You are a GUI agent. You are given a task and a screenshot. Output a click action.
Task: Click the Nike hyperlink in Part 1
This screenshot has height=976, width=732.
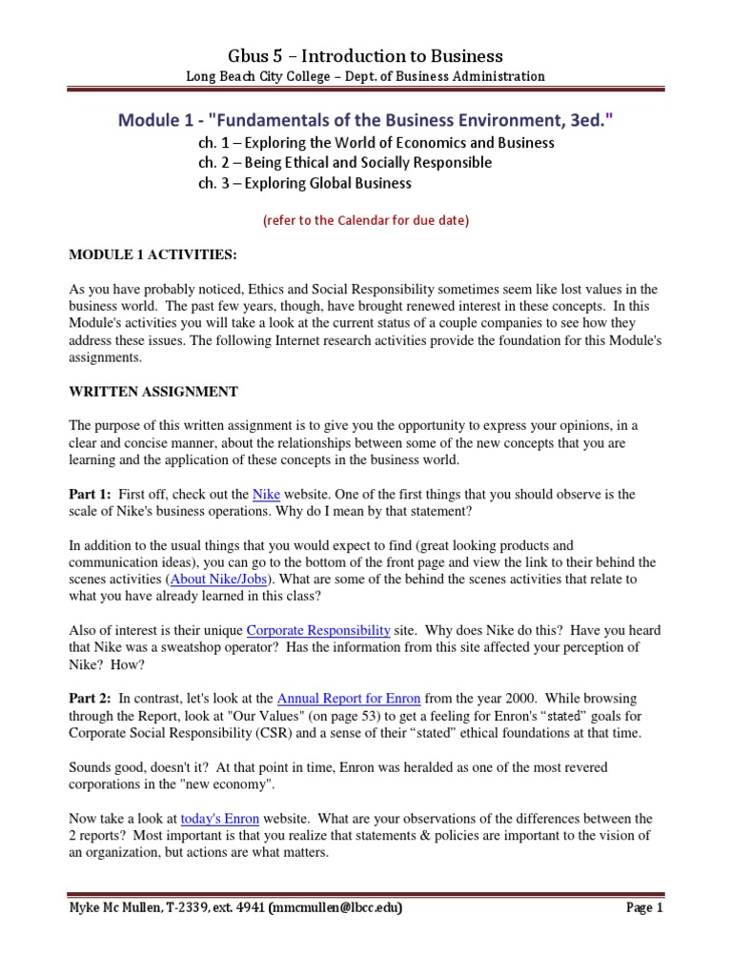(x=266, y=495)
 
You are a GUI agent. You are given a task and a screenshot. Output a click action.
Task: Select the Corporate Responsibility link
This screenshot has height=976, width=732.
(x=318, y=630)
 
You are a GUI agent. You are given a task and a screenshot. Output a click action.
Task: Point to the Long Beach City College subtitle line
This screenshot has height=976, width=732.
(x=366, y=77)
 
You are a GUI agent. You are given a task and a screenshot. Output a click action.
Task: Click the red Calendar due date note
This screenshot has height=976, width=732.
(x=366, y=220)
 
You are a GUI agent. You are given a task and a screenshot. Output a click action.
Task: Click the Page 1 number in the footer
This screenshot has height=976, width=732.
(x=643, y=908)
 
